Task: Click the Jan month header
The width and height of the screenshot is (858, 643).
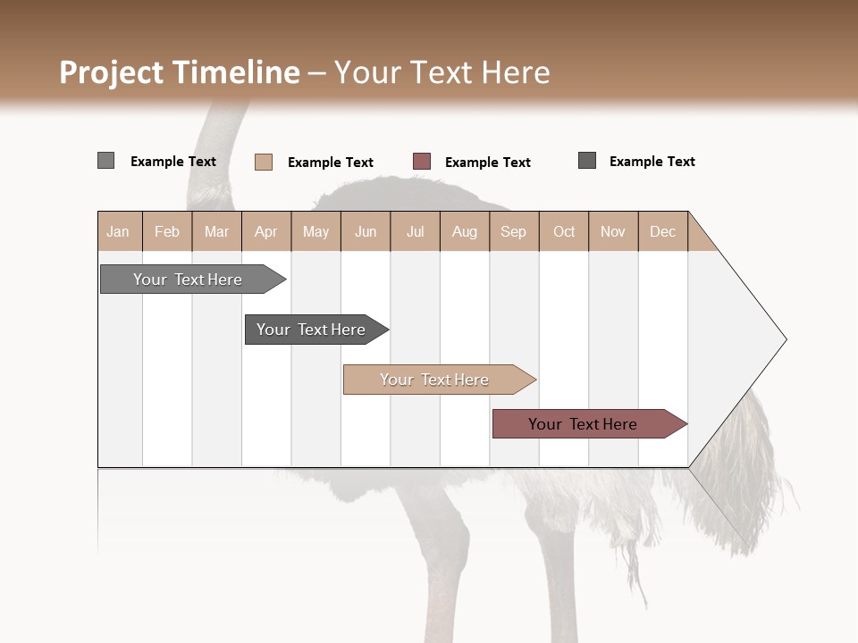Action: (119, 231)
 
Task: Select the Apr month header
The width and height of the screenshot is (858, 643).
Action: (266, 231)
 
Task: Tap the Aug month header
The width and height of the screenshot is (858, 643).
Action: (464, 231)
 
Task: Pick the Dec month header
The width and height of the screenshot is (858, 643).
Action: (662, 231)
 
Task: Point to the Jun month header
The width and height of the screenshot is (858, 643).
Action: (366, 231)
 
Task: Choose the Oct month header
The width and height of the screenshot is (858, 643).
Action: (564, 231)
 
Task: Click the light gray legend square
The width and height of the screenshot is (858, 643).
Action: (105, 161)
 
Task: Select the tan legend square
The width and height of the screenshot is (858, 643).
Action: (263, 162)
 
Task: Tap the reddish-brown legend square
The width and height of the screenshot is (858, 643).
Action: (422, 162)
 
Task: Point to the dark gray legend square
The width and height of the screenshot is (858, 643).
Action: (587, 161)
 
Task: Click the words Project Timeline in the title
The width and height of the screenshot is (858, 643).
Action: (179, 72)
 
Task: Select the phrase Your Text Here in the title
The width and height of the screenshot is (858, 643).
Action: (442, 72)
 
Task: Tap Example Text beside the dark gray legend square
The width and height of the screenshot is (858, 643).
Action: (652, 162)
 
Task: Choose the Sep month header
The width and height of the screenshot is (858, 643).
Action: (513, 231)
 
